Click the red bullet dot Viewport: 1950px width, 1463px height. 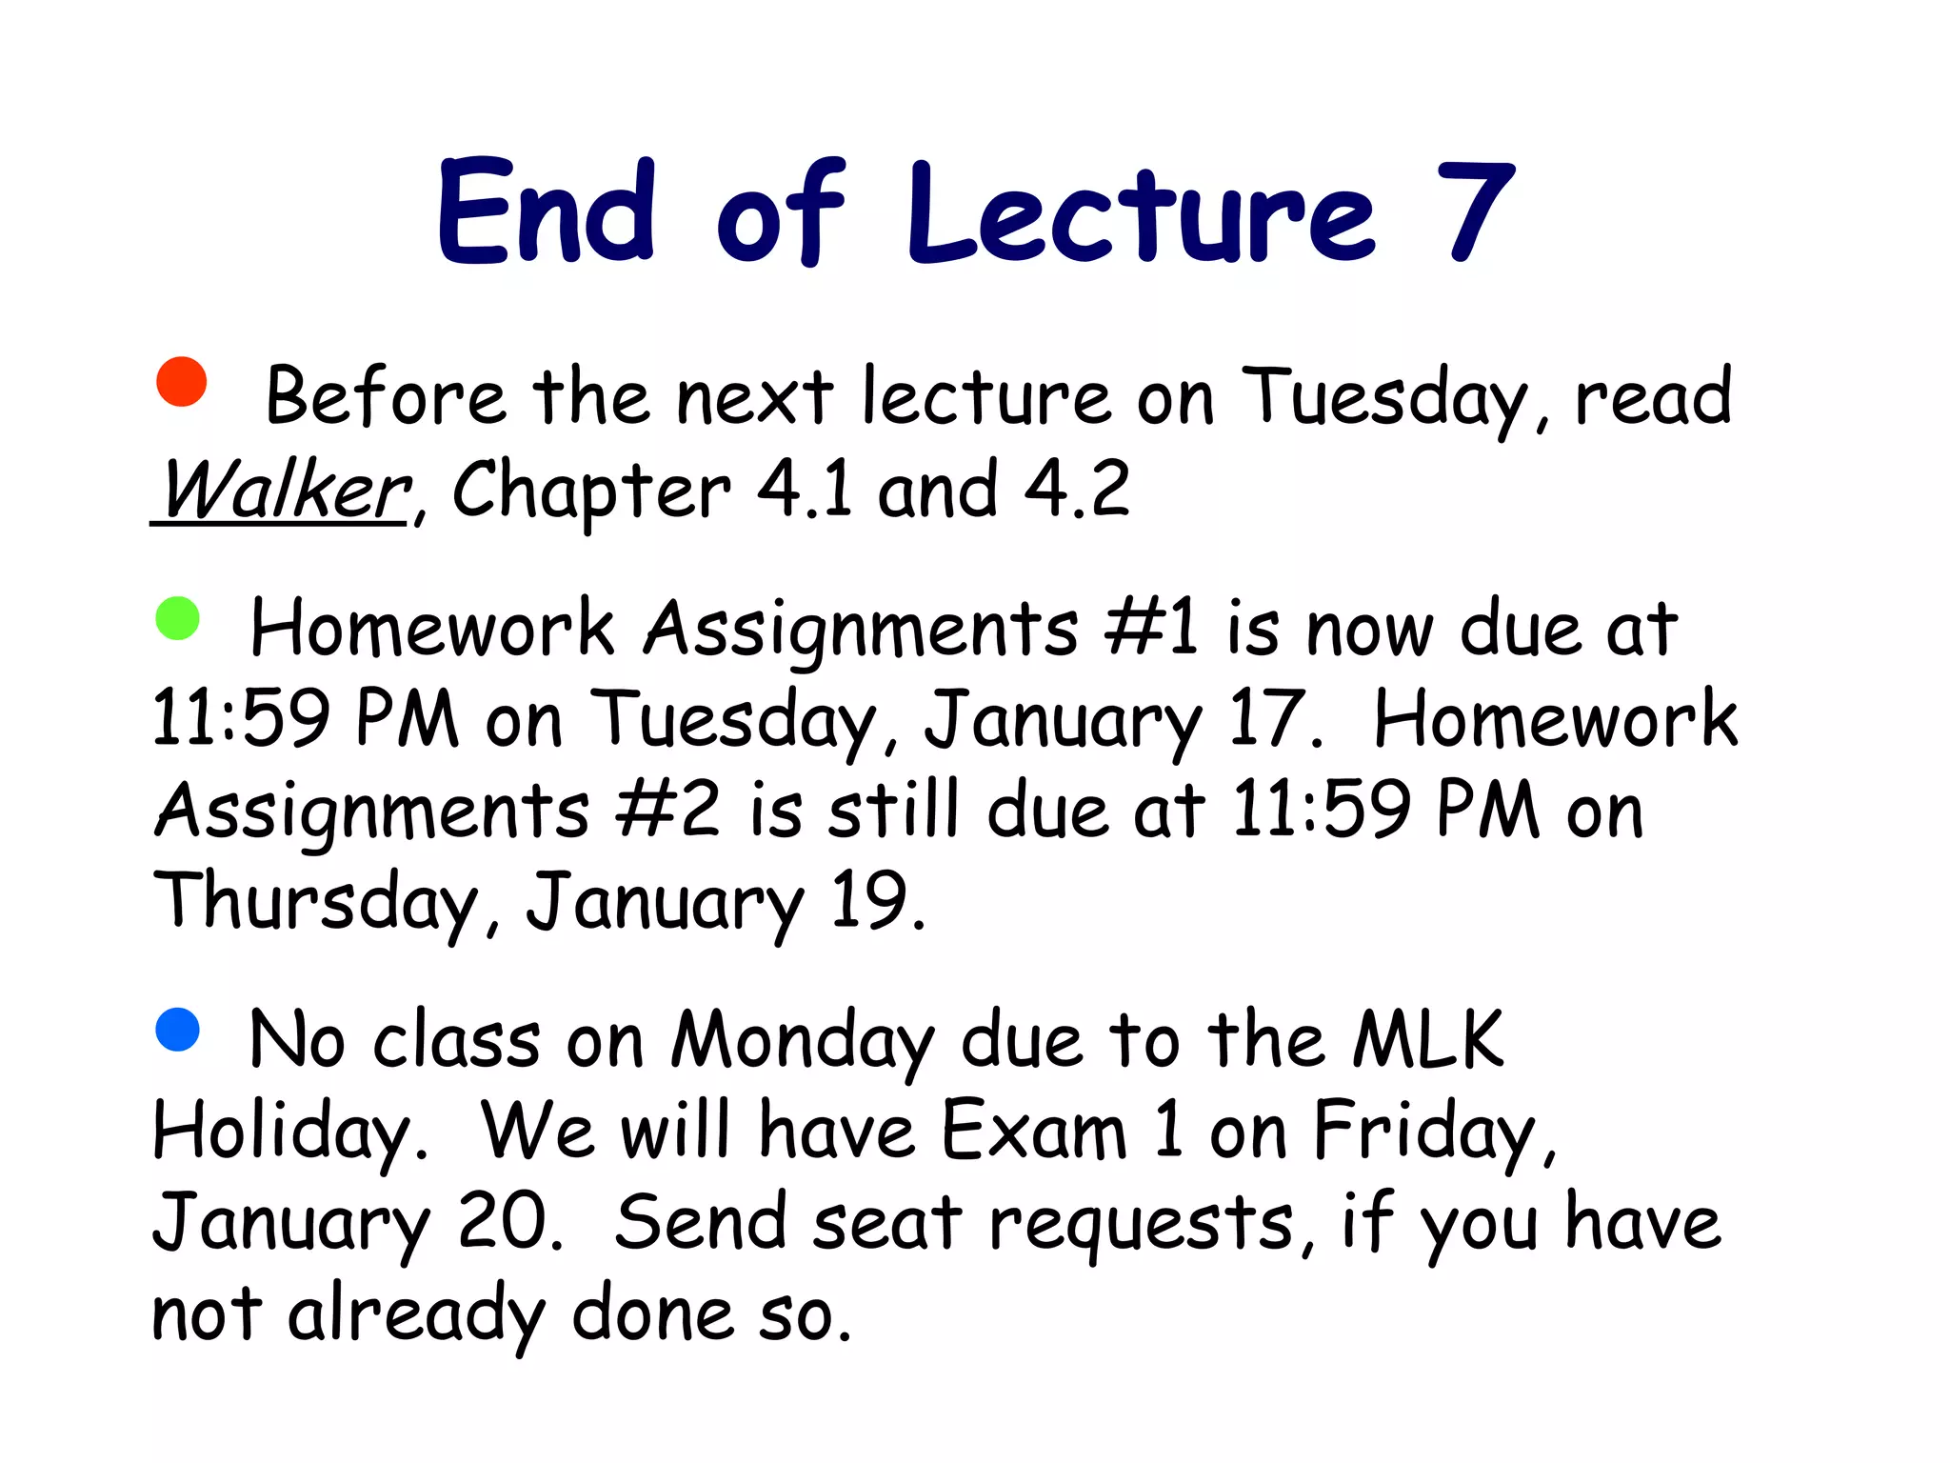(x=181, y=382)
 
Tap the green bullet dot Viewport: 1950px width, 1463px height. (x=177, y=618)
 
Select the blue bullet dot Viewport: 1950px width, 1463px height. (x=177, y=1030)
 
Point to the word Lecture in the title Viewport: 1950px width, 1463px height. (x=1141, y=211)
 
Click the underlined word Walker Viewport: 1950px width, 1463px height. (x=284, y=491)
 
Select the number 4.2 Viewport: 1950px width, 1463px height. (x=1076, y=489)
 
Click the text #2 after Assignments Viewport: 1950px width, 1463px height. (x=667, y=811)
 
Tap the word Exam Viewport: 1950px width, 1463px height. (x=1032, y=1131)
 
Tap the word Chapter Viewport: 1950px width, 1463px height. (x=590, y=491)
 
